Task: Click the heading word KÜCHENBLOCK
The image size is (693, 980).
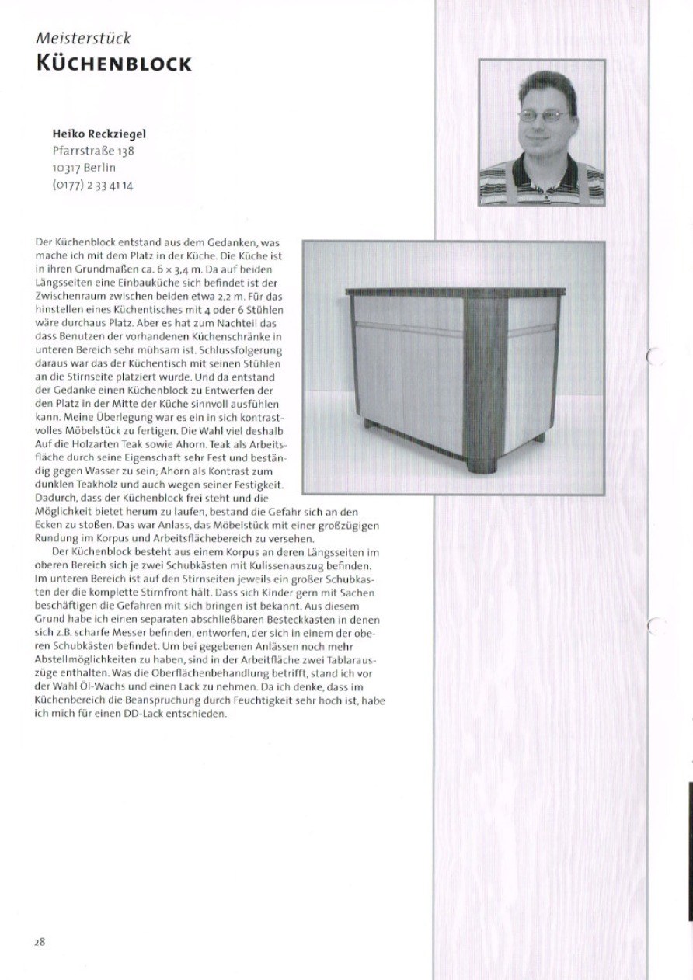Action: pyautogui.click(x=113, y=63)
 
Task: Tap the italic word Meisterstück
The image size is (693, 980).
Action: pyautogui.click(x=83, y=37)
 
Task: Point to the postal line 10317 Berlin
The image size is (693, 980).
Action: pyautogui.click(x=84, y=168)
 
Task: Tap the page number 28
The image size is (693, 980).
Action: pyautogui.click(x=40, y=941)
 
